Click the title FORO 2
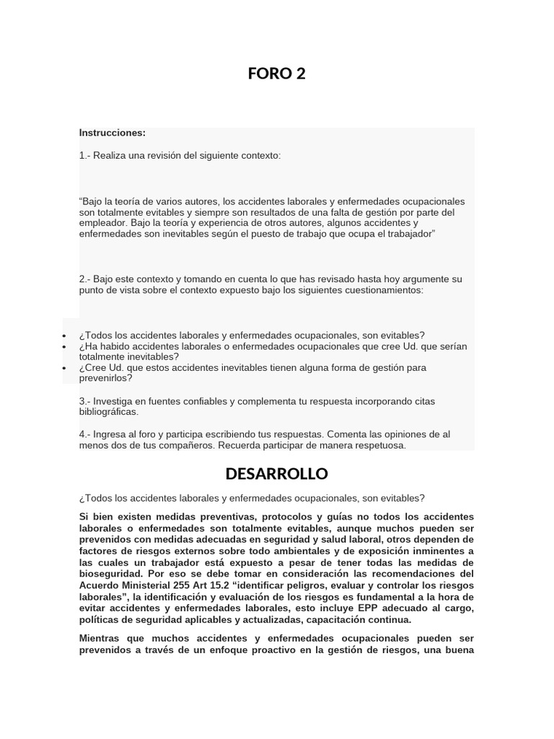[277, 73]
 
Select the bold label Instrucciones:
[113, 133]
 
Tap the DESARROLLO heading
[276, 474]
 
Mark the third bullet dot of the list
[64, 368]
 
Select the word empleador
[105, 224]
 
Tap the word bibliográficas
[108, 412]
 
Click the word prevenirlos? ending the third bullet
[105, 378]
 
